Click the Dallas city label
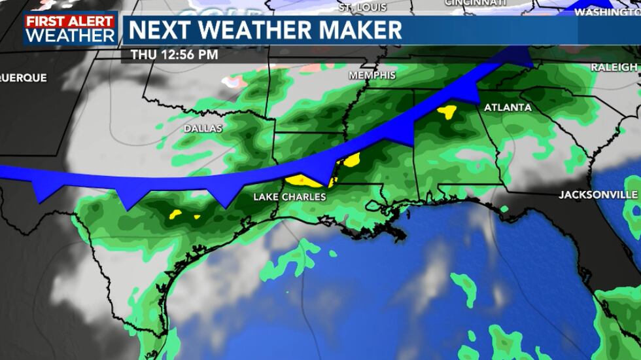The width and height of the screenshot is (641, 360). point(203,129)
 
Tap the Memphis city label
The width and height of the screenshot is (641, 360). point(372,75)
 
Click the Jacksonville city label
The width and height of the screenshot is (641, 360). point(598,195)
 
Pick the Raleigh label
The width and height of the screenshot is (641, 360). point(614,67)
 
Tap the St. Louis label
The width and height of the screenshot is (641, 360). point(364,8)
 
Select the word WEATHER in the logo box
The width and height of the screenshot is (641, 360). point(71,35)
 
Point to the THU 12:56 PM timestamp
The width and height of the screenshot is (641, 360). point(174,55)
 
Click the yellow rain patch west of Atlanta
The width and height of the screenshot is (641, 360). point(447,112)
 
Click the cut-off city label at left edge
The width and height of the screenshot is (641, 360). point(23,78)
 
